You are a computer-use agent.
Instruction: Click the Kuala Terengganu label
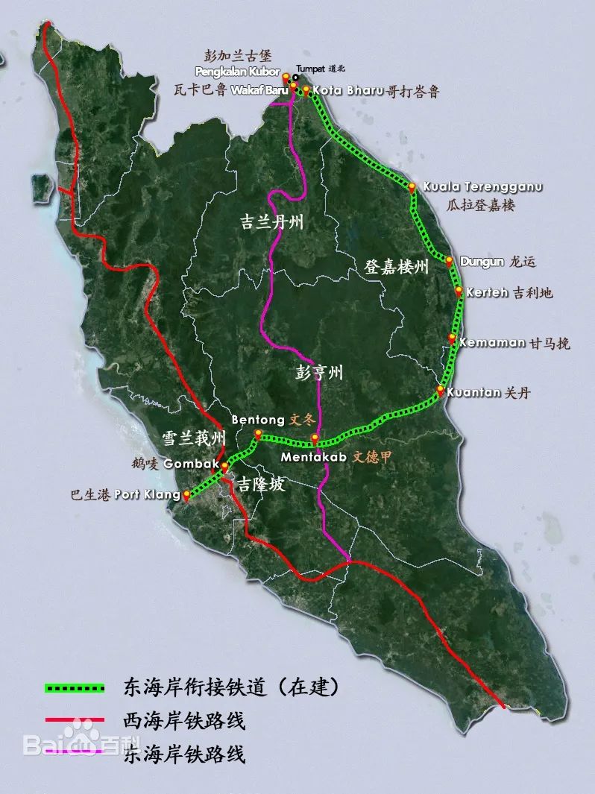482,186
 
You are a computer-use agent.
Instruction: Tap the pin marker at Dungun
450,261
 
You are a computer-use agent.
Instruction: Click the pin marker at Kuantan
441,390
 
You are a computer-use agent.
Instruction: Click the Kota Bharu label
348,91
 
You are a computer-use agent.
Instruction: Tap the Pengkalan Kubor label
236,72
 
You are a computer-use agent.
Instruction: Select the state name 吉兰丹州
271,223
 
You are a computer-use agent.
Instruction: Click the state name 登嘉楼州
397,267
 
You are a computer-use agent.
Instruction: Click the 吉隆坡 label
261,485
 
